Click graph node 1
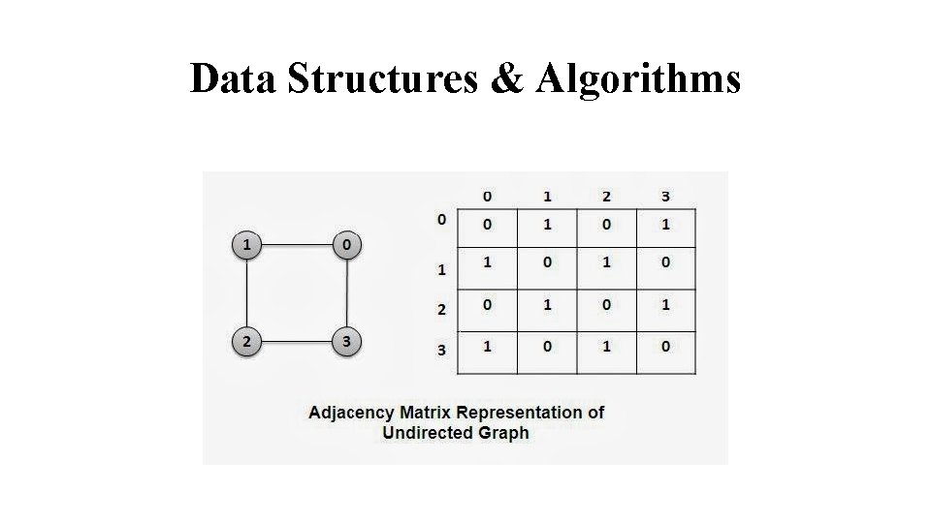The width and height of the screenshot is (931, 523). point(248,245)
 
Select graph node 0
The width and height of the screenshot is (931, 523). point(346,245)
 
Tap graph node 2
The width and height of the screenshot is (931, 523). point(248,341)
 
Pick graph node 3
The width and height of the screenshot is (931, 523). point(346,341)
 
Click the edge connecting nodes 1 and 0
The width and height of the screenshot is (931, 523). point(297,245)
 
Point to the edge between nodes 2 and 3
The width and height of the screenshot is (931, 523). point(297,341)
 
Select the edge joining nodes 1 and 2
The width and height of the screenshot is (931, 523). point(248,292)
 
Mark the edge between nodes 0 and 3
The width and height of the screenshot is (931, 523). point(346,292)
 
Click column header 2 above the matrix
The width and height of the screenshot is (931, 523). point(606,197)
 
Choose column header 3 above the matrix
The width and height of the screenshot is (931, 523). point(665,197)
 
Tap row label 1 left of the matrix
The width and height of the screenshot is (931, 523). point(441,270)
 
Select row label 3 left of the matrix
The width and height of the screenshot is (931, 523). point(441,350)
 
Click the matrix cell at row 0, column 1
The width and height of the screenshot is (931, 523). point(547,226)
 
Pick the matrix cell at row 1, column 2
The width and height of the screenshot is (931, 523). point(606,263)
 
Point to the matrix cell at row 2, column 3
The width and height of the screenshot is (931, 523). point(665,306)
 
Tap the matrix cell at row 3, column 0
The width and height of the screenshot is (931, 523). point(487,346)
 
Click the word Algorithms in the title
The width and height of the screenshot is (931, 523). point(636,78)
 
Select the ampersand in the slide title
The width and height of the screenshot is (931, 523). point(506,78)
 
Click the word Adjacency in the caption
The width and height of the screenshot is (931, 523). point(351,413)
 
